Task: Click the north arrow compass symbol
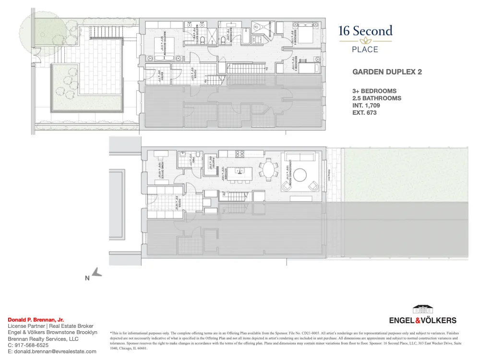coord(97,273)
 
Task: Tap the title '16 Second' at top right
coord(365,32)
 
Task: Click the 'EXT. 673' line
coord(364,113)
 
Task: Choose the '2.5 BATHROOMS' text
coord(377,98)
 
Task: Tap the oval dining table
coord(268,169)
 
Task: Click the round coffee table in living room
coord(300,175)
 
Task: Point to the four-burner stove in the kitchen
coord(239,154)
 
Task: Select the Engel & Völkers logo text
coord(422,320)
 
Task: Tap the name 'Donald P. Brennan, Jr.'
coord(36,319)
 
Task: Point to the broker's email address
coord(52,351)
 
